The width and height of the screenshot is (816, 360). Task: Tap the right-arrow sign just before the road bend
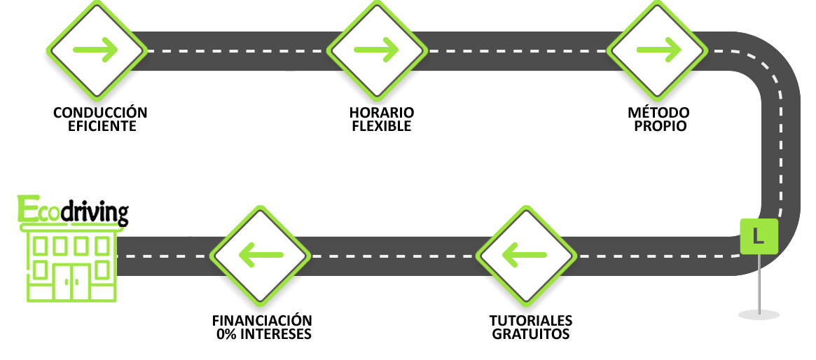[657, 50]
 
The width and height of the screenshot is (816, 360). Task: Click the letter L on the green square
[758, 236]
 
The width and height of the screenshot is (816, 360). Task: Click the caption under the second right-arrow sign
[382, 119]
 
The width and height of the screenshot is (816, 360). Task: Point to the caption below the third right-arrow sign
[658, 119]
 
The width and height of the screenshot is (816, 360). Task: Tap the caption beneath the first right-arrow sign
[100, 118]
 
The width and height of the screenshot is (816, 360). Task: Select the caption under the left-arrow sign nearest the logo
[263, 327]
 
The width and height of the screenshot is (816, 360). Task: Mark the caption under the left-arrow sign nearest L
[530, 327]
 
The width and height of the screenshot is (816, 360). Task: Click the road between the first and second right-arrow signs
[238, 50]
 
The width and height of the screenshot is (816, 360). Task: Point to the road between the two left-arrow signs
[392, 256]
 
